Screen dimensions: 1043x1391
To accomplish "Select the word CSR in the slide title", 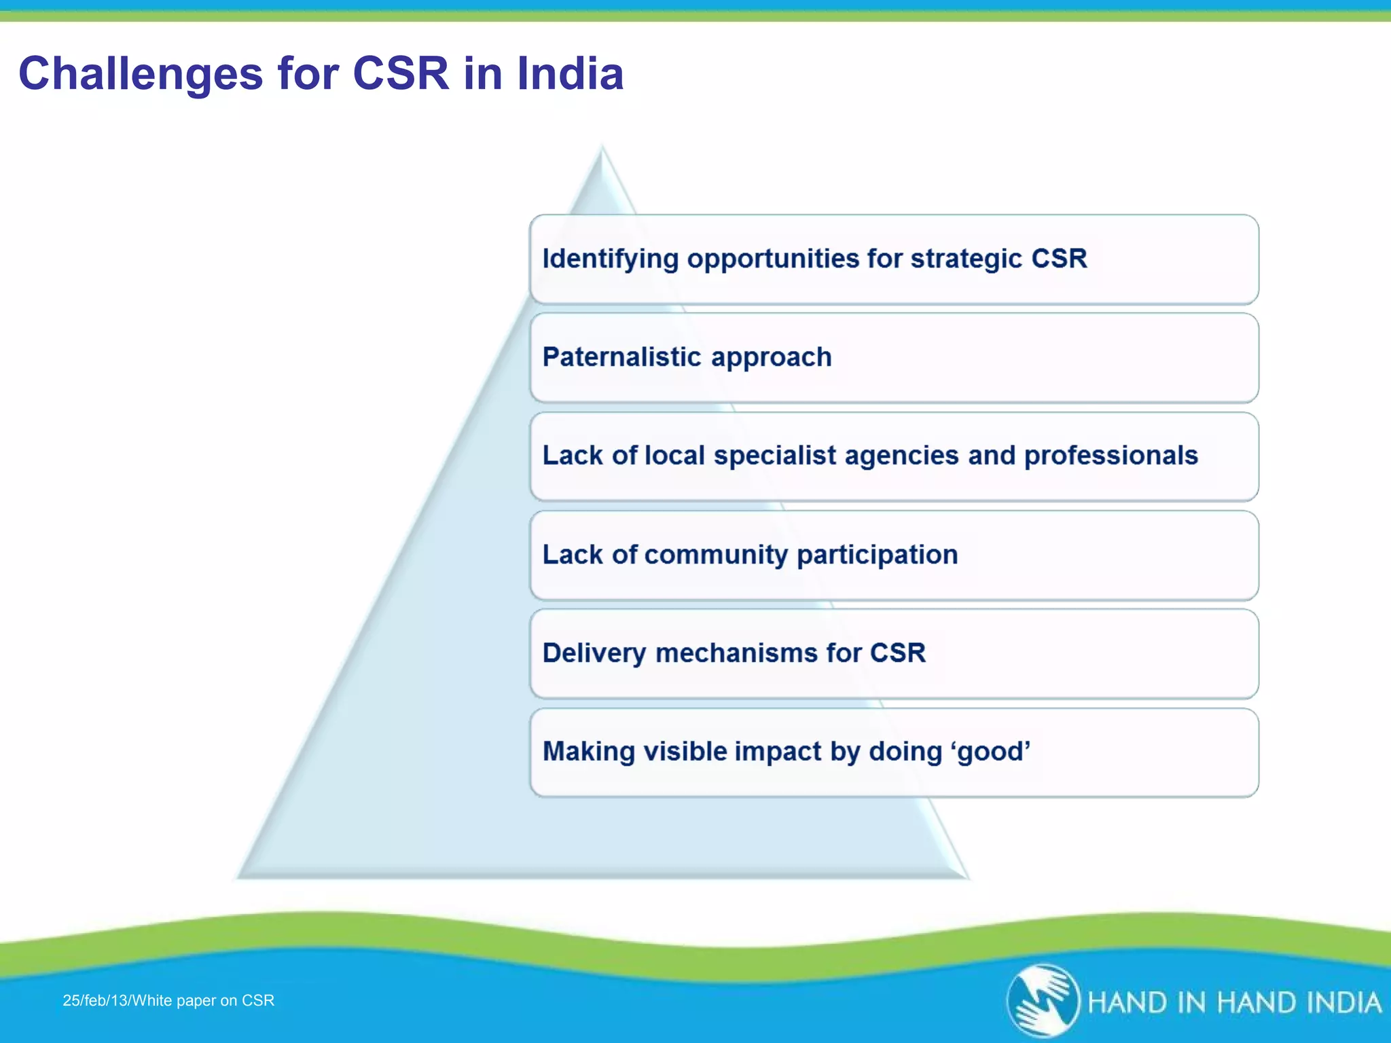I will [401, 73].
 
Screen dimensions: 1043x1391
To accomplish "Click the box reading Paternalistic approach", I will [894, 358].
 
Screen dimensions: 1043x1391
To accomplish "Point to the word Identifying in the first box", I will [610, 259].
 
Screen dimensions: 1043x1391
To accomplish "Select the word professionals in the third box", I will [1110, 456].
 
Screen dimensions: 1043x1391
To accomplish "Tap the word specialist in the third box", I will [774, 456].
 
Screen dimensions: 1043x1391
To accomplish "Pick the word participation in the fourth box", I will [877, 555].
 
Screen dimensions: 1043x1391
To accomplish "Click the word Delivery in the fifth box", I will [594, 653].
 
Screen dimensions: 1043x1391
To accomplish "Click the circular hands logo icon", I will [1043, 1000].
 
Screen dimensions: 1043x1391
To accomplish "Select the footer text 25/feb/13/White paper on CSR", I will [168, 1000].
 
